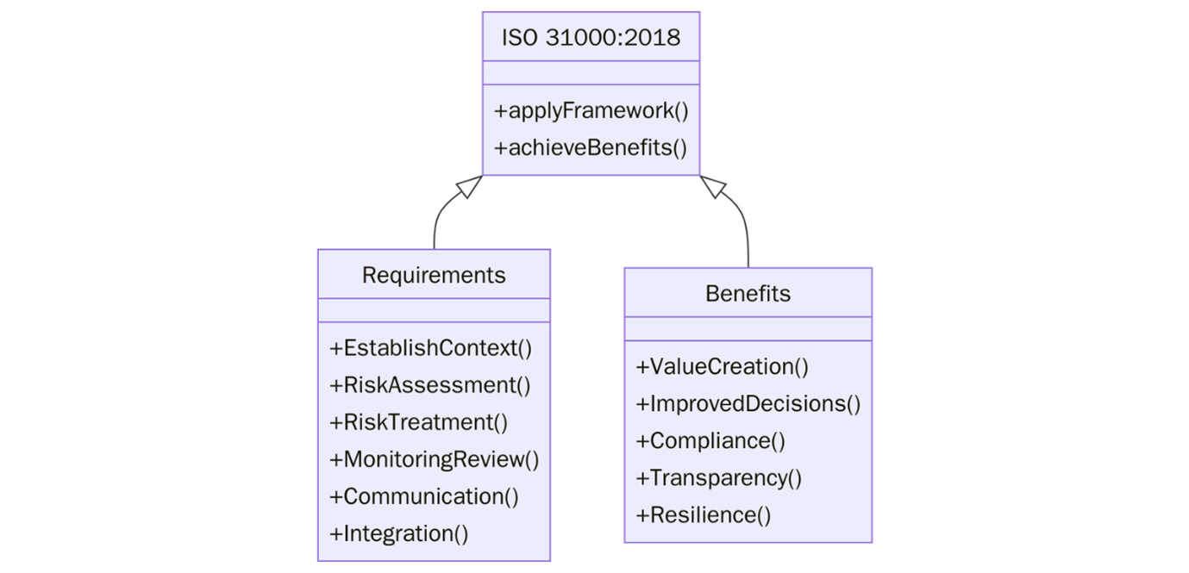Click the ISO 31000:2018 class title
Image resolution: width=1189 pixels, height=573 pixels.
click(591, 38)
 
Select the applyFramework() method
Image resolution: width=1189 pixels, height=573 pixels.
click(591, 111)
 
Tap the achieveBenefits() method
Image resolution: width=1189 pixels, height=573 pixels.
click(591, 147)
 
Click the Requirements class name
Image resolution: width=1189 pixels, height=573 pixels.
click(434, 275)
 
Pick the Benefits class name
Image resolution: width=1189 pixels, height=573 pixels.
click(748, 294)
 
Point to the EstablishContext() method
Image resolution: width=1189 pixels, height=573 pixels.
click(430, 348)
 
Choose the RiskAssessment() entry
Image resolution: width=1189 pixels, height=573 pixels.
click(429, 385)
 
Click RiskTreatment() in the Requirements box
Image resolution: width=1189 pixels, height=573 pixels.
click(418, 422)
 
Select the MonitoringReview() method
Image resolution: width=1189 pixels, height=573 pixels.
click(434, 459)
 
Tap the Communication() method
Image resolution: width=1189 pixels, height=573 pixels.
click(423, 496)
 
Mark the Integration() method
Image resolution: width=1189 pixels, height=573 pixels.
click(398, 533)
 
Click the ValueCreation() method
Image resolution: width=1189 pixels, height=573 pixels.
click(722, 367)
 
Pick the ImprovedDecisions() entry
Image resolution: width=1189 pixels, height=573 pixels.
click(748, 404)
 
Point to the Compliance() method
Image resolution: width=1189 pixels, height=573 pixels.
click(710, 441)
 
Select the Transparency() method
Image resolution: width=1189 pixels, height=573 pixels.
click(718, 478)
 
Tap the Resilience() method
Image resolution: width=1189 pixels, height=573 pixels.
click(703, 515)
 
